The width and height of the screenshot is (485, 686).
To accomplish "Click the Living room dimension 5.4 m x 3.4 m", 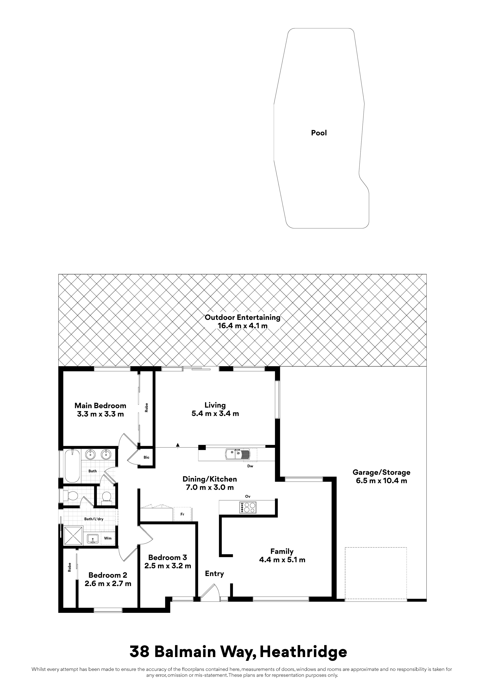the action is coord(215,414).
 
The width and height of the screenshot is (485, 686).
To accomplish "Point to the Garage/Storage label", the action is coord(381,472).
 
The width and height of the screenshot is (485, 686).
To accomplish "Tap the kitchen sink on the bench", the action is coord(238,454).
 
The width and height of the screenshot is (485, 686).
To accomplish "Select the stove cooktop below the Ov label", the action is coord(248,507).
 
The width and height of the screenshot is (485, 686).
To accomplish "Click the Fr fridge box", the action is coord(182,514).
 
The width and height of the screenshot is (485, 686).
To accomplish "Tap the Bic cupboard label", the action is coord(146,457).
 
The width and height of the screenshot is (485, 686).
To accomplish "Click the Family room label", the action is coord(282,551).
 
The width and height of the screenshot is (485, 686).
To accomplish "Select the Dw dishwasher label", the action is coord(250,466).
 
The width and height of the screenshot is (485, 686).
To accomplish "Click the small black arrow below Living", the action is coord(178,444).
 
